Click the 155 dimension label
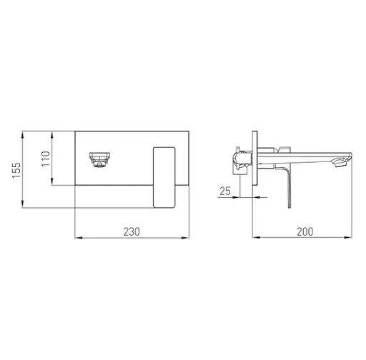(16, 170)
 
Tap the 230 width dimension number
(132, 231)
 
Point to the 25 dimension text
(225, 191)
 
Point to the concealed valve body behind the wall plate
(241, 160)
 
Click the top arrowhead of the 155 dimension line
(24, 133)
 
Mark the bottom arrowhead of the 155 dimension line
(24, 207)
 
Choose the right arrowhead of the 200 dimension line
(352, 237)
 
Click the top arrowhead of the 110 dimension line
(52, 133)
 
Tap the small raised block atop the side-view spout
(285, 148)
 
